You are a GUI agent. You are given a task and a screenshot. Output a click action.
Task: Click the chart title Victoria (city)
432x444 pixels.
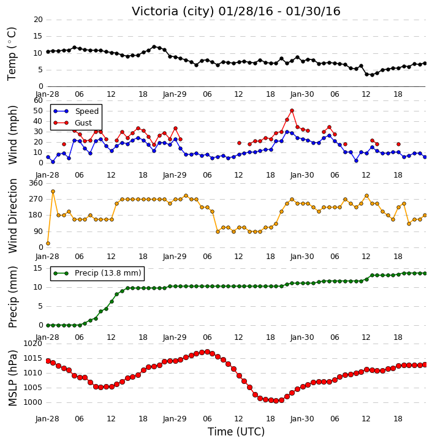[173, 12]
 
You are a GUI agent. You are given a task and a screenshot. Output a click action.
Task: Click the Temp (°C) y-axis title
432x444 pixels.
[12, 54]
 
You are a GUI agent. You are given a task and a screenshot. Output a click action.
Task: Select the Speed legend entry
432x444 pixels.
[76, 111]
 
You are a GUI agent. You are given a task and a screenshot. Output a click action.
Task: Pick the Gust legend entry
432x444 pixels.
[72, 123]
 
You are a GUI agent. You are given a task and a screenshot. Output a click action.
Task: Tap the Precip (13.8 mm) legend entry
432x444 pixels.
[97, 273]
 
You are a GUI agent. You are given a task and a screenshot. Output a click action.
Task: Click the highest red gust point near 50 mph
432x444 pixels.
[292, 111]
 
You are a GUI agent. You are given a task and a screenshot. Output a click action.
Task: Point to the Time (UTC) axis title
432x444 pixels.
[236, 432]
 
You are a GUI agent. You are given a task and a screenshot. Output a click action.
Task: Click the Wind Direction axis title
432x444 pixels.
[13, 216]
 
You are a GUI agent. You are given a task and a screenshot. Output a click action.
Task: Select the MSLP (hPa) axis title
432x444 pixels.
[13, 378]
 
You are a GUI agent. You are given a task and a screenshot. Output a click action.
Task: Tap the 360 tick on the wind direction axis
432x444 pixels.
[36, 183]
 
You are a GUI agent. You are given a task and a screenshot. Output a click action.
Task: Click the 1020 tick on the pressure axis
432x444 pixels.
[32, 344]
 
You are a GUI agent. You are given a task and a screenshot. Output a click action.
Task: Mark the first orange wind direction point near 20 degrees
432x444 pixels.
[48, 244]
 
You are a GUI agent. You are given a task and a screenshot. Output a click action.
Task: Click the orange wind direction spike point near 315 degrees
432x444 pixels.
[53, 192]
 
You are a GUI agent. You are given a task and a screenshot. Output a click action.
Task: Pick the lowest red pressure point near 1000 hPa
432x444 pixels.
[276, 401]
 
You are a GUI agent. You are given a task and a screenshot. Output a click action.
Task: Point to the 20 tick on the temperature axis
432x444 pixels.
[38, 20]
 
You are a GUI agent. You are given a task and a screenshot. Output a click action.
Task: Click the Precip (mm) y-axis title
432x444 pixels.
[13, 297]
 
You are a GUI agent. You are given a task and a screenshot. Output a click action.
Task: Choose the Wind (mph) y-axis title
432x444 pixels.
[13, 135]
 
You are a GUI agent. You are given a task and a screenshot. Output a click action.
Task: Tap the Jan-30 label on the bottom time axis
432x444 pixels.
[302, 419]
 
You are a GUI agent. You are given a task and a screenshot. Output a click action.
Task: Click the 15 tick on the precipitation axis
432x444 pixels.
[38, 268]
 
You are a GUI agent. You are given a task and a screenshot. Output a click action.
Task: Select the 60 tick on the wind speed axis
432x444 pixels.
[38, 100]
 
